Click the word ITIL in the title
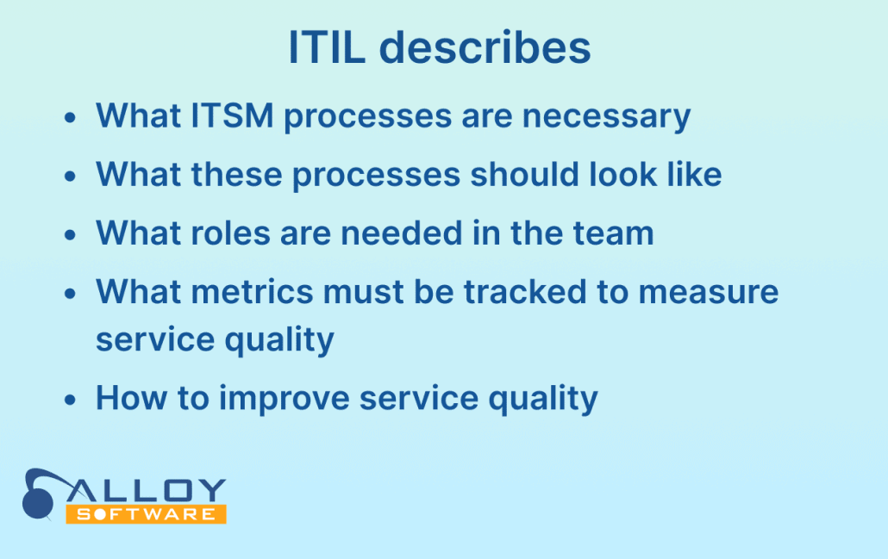pyautogui.click(x=327, y=47)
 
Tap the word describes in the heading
pyautogui.click(x=485, y=47)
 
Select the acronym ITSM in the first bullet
pyautogui.click(x=232, y=115)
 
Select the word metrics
pyautogui.click(x=252, y=292)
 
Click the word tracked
pyautogui.click(x=525, y=292)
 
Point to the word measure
pyautogui.click(x=709, y=293)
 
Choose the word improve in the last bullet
pyautogui.click(x=285, y=398)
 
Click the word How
pyautogui.click(x=131, y=398)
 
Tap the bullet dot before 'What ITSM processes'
pyautogui.click(x=70, y=118)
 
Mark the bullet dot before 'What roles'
pyautogui.click(x=70, y=235)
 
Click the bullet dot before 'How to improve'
pyautogui.click(x=70, y=400)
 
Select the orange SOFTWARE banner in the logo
pyautogui.click(x=146, y=513)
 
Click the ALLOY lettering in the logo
pyautogui.click(x=147, y=491)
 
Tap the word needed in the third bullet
pyautogui.click(x=402, y=233)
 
